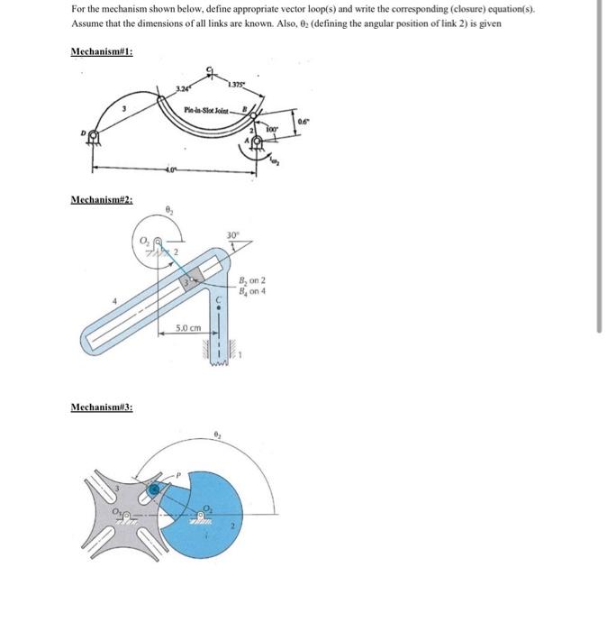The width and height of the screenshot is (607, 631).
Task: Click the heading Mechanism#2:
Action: (x=101, y=198)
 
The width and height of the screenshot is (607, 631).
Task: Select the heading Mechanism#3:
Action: (x=101, y=407)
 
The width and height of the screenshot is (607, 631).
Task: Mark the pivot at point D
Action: (x=92, y=136)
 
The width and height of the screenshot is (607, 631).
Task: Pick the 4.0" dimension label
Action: (x=172, y=168)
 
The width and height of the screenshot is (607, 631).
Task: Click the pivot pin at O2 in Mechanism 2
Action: (x=159, y=242)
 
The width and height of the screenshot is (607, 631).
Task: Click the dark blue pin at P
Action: (x=156, y=488)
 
